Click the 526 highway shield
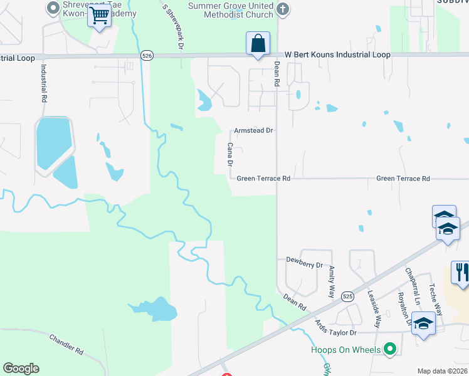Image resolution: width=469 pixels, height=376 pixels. click(147, 55)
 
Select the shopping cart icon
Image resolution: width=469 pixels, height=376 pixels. click(99, 16)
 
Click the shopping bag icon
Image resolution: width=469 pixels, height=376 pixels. click(258, 44)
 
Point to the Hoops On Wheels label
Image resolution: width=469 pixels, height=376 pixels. click(345, 349)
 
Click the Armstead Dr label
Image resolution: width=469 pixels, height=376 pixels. click(254, 131)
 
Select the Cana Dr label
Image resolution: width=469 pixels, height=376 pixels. click(230, 154)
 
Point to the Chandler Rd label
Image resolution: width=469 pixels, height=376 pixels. click(66, 342)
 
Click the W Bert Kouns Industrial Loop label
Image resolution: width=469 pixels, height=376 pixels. click(337, 55)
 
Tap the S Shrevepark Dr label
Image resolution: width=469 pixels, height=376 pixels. click(175, 27)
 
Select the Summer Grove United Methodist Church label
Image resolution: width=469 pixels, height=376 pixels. click(231, 10)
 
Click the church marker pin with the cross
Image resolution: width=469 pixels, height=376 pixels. click(283, 9)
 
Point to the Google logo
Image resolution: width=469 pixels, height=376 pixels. click(21, 368)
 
